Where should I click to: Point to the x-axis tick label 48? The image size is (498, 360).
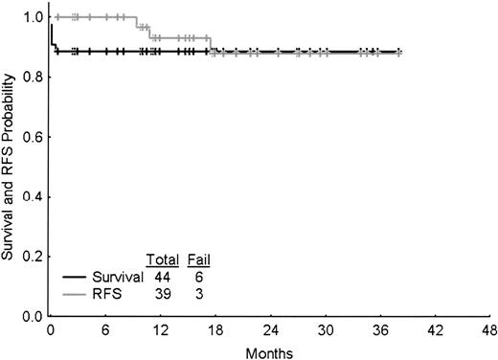coord(489,329)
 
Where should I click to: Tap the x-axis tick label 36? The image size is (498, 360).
coord(379,329)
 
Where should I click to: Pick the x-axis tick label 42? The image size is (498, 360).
coord(435,329)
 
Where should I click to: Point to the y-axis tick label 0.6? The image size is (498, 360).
coord(34,137)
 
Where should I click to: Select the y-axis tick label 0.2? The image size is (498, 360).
coord(34,257)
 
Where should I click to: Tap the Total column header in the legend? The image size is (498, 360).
coord(160,260)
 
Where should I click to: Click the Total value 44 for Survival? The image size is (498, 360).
coord(160,277)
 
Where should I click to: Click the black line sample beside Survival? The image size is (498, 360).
coord(75,277)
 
